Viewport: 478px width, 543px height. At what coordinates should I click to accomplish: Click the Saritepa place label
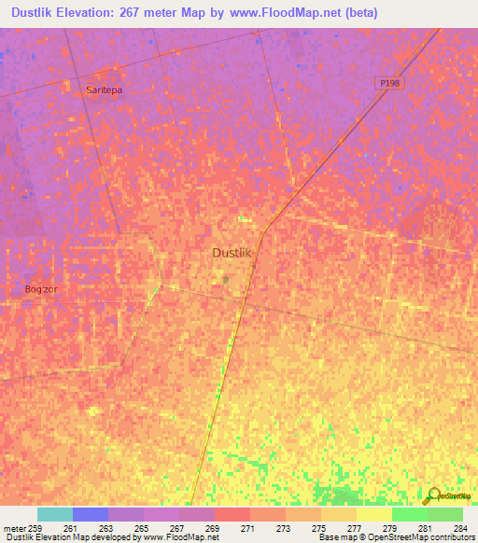105,90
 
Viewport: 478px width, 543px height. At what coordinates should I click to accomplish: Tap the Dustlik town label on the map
233,253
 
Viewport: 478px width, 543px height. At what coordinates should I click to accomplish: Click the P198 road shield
390,83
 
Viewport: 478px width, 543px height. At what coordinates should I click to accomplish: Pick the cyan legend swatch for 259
55,514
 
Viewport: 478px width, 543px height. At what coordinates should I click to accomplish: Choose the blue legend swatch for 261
91,514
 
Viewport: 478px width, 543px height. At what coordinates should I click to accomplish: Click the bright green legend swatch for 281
410,514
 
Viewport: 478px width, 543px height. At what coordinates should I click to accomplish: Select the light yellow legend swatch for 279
374,514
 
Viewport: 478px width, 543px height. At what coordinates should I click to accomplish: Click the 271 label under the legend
247,528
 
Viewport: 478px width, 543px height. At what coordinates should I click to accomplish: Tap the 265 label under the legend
141,528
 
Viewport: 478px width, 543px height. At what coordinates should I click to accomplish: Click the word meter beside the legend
14,528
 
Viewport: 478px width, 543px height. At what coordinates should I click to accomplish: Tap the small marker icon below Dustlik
225,278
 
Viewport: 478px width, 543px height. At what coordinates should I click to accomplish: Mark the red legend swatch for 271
232,514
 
